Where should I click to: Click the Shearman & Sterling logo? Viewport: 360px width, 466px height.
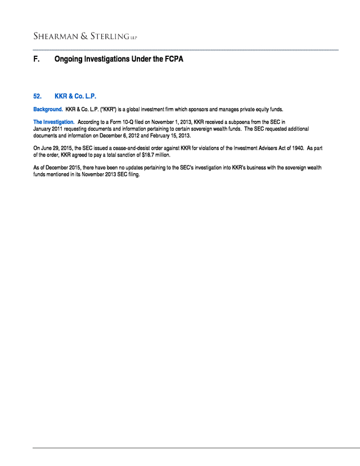click(84, 37)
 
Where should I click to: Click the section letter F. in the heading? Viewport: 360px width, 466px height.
click(37, 59)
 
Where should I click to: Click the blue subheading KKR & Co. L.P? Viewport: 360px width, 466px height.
click(76, 96)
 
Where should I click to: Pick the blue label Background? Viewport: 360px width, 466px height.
click(48, 109)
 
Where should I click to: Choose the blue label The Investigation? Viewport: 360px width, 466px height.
click(53, 122)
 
